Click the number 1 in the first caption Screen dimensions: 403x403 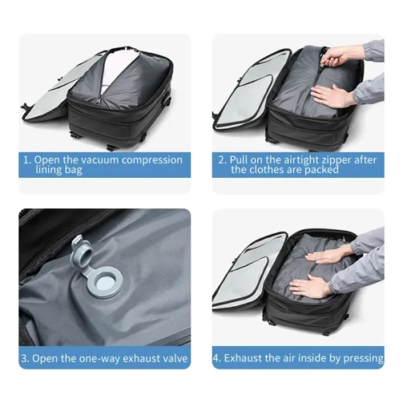point(26,160)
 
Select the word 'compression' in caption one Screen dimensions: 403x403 point(154,160)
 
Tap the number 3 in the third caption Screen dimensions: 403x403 point(25,358)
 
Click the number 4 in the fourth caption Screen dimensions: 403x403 point(218,358)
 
